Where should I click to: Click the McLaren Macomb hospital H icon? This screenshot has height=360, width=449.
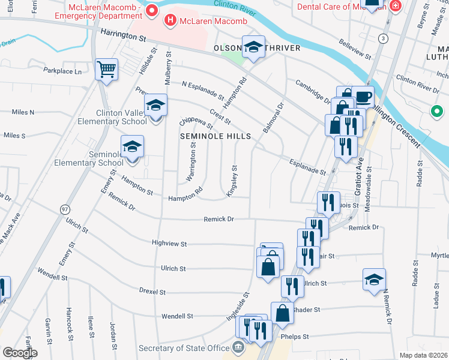pyautogui.click(x=170, y=21)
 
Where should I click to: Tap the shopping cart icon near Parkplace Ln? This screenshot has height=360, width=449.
pyautogui.click(x=106, y=69)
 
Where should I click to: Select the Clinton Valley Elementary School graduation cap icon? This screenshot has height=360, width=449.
pyautogui.click(x=155, y=106)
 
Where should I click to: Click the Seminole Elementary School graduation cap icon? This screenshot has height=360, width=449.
pyautogui.click(x=132, y=146)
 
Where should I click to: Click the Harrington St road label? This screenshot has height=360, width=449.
pyautogui.click(x=124, y=37)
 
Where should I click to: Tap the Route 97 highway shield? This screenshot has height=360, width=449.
pyautogui.click(x=64, y=209)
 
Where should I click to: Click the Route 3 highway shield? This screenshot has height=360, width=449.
pyautogui.click(x=382, y=38)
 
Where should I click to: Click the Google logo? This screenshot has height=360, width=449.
pyautogui.click(x=20, y=352)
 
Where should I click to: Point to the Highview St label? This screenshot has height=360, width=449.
pyautogui.click(x=170, y=244)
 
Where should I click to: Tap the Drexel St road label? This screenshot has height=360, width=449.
pyautogui.click(x=152, y=292)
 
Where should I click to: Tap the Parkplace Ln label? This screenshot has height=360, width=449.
pyautogui.click(x=62, y=71)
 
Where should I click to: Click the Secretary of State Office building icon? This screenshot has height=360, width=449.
pyautogui.click(x=238, y=348)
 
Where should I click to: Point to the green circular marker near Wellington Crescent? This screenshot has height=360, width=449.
pyautogui.click(x=438, y=112)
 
